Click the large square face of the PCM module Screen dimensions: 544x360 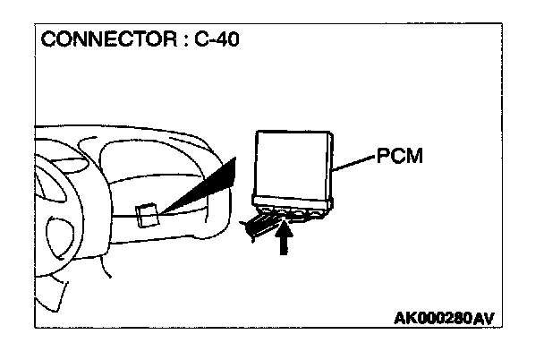292,162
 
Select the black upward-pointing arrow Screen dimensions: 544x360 285,240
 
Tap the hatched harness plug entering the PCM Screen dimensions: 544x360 259,224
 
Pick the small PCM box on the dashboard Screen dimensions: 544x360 148,216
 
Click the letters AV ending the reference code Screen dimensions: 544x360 484,319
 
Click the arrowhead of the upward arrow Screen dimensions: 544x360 285,230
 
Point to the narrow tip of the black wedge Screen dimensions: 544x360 163,212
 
